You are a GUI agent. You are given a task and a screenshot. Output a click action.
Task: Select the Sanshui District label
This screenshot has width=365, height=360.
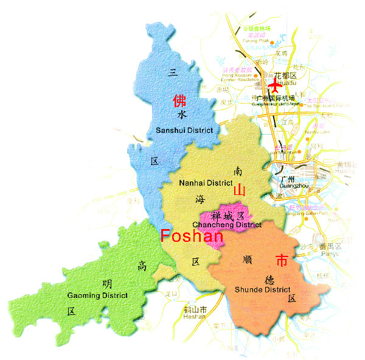tap(184, 130)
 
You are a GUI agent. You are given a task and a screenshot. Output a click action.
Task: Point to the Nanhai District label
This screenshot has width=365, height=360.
tap(206, 183)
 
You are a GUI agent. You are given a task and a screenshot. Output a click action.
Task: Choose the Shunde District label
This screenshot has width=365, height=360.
tap(263, 289)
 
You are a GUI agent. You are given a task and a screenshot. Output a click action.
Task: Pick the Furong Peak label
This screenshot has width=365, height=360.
tap(255, 41)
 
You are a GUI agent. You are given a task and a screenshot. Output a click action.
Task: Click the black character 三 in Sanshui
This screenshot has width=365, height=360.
tap(173, 72)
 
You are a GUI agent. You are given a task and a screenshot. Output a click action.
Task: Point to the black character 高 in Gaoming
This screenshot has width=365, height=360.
tap(142, 266)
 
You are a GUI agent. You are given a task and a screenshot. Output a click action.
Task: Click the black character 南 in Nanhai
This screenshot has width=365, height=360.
tap(237, 171)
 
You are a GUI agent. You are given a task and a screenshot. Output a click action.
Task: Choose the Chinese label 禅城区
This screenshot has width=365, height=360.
tap(228, 216)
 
